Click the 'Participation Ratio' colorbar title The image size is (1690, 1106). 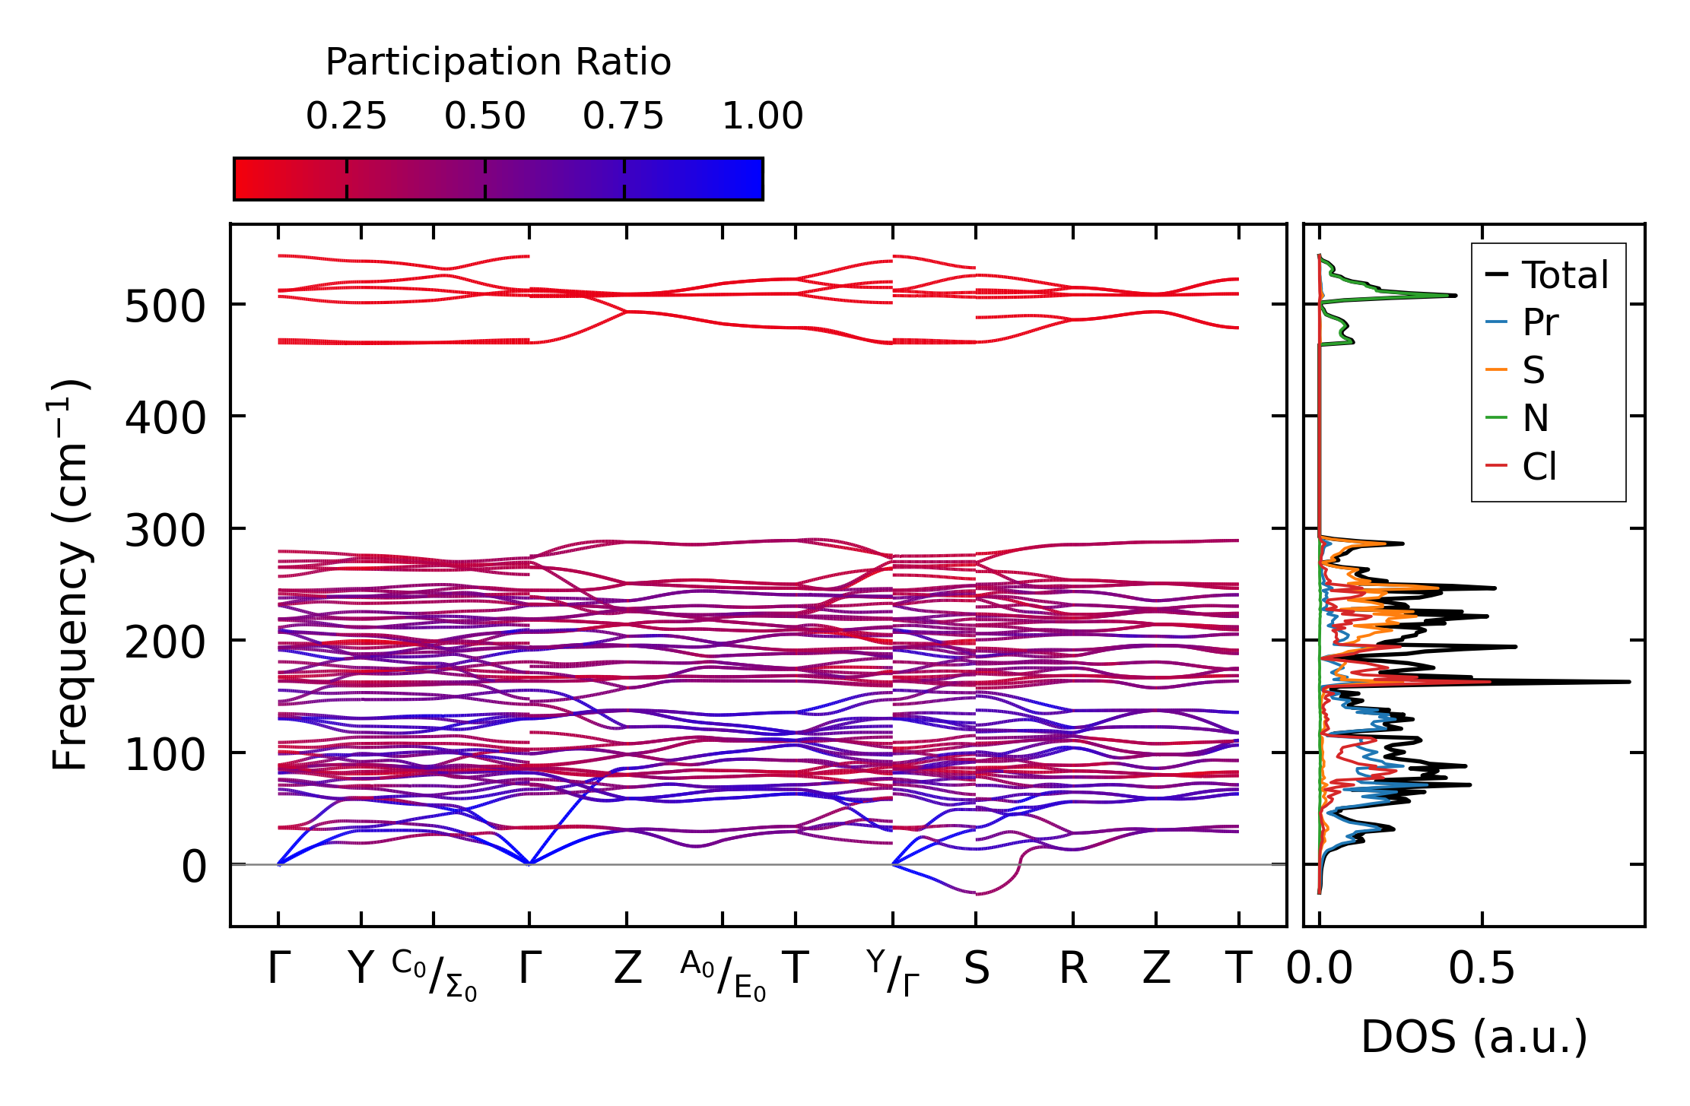tap(498, 62)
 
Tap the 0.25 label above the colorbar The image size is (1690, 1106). tap(346, 117)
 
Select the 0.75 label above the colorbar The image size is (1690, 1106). tap(624, 117)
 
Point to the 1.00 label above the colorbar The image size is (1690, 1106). tap(762, 117)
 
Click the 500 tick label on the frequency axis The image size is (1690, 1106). tap(165, 307)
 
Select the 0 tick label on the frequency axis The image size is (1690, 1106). tap(193, 867)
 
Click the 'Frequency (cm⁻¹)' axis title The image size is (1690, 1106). tap(70, 575)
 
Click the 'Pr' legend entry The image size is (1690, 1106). tap(1540, 323)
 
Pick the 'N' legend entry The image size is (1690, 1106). tap(1536, 418)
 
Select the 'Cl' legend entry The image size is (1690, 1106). tap(1539, 466)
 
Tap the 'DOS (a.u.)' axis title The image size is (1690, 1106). tap(1474, 1037)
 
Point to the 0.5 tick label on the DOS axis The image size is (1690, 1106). tap(1482, 969)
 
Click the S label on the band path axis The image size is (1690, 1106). tap(977, 969)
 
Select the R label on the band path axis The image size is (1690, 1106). tap(1073, 969)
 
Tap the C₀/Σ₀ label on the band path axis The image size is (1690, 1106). tap(434, 974)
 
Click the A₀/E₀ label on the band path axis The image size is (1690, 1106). tap(723, 974)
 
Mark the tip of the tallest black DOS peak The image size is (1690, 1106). tap(1629, 682)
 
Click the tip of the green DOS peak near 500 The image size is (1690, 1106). tap(1456, 295)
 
